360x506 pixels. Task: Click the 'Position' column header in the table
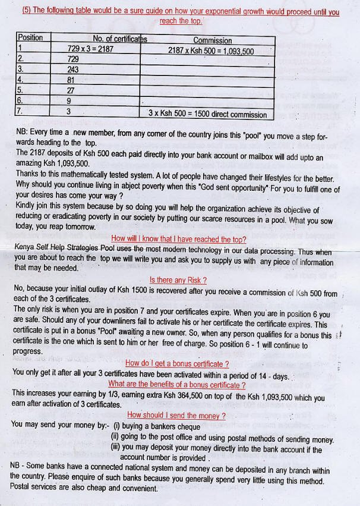tap(31, 37)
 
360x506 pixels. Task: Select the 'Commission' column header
tap(212, 40)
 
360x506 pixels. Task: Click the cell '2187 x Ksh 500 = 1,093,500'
tap(211, 51)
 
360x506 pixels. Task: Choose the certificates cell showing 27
tap(71, 90)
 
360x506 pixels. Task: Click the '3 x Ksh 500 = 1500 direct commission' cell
tap(207, 113)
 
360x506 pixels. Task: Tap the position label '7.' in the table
tap(20, 111)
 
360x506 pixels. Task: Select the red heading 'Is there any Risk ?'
tap(178, 280)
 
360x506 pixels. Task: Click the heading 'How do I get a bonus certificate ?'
tap(177, 363)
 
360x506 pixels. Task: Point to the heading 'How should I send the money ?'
tap(176, 415)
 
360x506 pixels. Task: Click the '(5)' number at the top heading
tap(27, 11)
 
